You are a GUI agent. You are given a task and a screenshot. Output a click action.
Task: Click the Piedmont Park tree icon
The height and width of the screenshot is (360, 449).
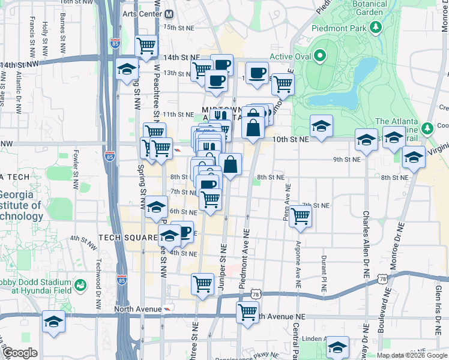(376, 27)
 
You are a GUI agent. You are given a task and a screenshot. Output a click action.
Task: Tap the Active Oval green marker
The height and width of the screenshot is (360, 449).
(319, 57)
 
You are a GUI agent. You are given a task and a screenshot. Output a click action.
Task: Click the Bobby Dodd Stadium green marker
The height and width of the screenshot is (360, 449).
(80, 284)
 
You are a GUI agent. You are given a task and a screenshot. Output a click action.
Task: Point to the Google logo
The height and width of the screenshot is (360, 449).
(19, 353)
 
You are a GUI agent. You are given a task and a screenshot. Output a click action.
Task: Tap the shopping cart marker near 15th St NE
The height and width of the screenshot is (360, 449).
(146, 46)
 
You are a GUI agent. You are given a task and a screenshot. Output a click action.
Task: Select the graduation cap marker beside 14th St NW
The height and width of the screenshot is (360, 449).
(127, 70)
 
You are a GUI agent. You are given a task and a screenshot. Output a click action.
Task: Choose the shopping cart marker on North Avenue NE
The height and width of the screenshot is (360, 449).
(247, 312)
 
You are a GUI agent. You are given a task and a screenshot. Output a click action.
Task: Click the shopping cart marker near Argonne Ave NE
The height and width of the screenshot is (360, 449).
(300, 216)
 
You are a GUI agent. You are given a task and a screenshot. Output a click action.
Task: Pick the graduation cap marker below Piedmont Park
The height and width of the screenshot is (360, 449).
(321, 127)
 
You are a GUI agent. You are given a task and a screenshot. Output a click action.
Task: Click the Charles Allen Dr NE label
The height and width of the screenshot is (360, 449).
(364, 244)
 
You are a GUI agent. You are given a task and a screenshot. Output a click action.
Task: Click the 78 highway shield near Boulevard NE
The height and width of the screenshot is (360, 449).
(383, 278)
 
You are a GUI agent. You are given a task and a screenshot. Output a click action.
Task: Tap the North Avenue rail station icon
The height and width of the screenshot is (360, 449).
(167, 308)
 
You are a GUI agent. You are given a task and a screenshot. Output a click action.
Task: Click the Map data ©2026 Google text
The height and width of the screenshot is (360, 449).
(411, 355)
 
